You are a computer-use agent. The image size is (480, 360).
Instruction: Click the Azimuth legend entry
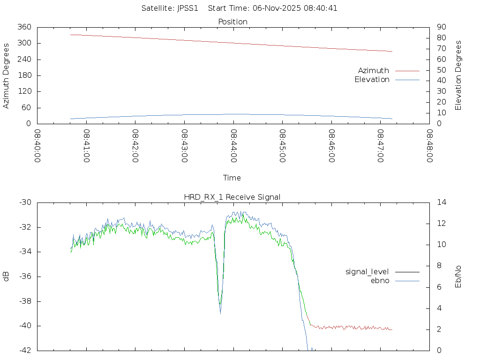pyautogui.click(x=374, y=71)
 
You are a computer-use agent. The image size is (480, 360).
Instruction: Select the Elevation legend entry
pyautogui.click(x=372, y=80)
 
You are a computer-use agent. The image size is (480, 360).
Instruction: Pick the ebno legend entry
pyautogui.click(x=380, y=280)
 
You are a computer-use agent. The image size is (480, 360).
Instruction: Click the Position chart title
pyautogui.click(x=233, y=22)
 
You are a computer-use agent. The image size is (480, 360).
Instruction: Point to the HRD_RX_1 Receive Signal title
pyautogui.click(x=232, y=197)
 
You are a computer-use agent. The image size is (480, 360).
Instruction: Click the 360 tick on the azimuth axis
pyautogui.click(x=25, y=27)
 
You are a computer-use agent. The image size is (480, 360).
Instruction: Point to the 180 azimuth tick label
pyautogui.click(x=25, y=75)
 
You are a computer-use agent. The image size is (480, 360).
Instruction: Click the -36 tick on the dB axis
pyautogui.click(x=25, y=277)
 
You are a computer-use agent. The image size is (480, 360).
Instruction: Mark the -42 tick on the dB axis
pyautogui.click(x=25, y=350)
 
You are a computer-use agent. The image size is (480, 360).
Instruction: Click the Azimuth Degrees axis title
pyautogui.click(x=7, y=75)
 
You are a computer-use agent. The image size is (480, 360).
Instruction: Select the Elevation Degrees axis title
pyautogui.click(x=458, y=75)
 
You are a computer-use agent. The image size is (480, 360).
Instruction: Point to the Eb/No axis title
pyautogui.click(x=458, y=277)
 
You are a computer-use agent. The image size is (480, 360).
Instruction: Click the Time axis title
pyautogui.click(x=232, y=178)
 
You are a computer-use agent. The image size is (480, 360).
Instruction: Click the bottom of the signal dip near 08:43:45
pyautogui.click(x=220, y=313)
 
